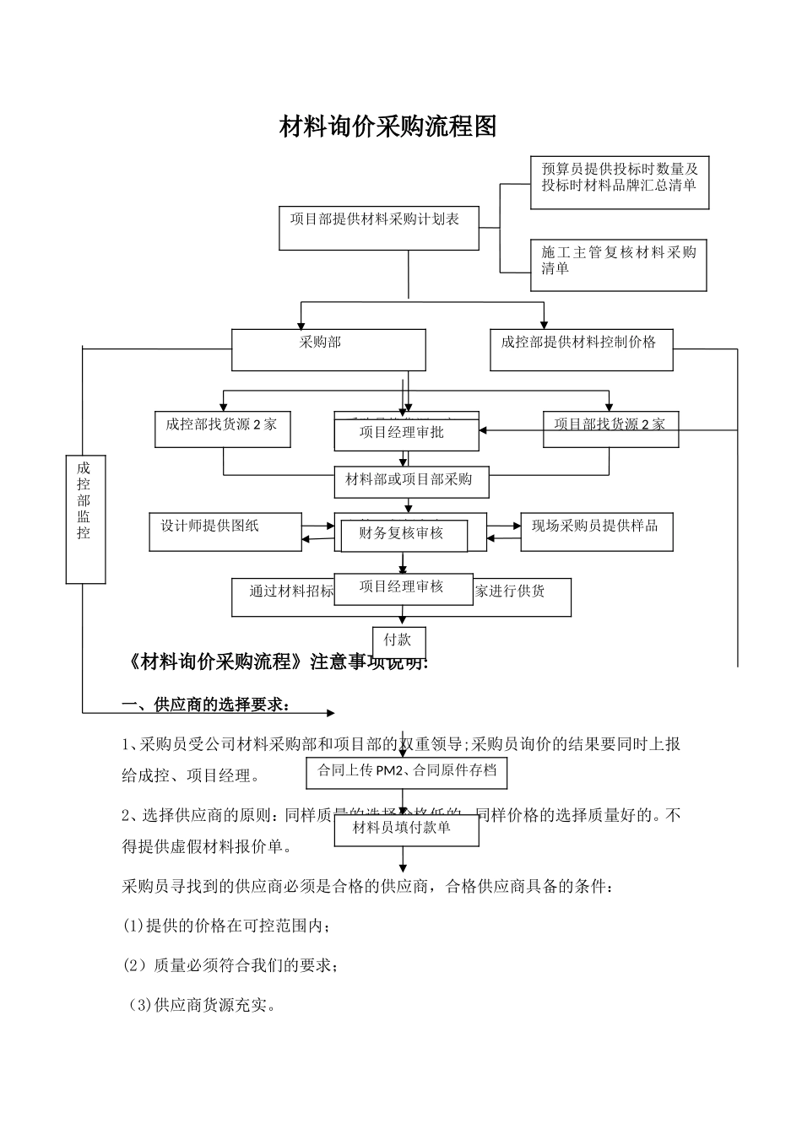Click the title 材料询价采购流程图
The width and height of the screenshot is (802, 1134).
[x=387, y=127]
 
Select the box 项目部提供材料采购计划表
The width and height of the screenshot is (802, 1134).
[x=379, y=228]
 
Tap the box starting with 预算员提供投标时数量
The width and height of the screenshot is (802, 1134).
[x=619, y=182]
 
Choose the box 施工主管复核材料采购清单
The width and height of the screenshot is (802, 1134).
[x=618, y=265]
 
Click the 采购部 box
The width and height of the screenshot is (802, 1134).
[x=328, y=349]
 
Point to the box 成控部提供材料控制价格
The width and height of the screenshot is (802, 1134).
[x=581, y=349]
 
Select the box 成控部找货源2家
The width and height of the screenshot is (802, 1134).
[x=222, y=429]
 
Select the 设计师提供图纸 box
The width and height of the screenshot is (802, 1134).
[x=225, y=532]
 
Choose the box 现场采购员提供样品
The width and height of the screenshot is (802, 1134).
[x=596, y=532]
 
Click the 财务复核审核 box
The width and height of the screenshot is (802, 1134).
[x=404, y=535]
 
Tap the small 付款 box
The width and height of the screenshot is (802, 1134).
[x=398, y=641]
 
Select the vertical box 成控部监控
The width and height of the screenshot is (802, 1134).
[x=85, y=518]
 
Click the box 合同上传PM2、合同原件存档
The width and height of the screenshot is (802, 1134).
[x=406, y=771]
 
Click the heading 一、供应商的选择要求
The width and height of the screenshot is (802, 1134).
[x=208, y=705]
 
